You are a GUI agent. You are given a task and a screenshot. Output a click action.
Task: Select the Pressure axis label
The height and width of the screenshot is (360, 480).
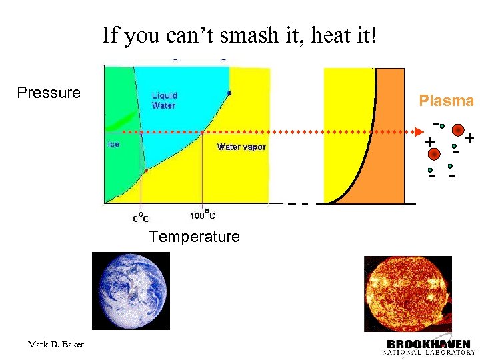coord(49,93)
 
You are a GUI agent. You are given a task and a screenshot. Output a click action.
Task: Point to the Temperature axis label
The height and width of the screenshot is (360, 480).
coord(194,237)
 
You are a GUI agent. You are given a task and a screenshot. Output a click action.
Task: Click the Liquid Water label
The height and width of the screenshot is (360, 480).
coord(164,100)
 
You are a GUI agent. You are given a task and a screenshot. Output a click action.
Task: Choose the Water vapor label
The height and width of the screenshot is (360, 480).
coord(241,147)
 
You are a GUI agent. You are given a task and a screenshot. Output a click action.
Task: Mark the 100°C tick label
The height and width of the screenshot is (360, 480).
coord(203,215)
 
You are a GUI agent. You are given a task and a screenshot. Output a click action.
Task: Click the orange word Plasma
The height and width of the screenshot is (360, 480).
coord(446,101)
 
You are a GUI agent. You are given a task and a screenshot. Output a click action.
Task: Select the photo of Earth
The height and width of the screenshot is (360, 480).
coord(130,291)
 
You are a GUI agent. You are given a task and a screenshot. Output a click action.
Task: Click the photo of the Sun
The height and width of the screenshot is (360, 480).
coord(407,293)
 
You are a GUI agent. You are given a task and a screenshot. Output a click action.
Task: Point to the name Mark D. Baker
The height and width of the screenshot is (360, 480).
coord(56,345)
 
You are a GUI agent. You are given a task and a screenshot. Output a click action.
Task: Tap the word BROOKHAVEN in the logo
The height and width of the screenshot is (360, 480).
coord(429,343)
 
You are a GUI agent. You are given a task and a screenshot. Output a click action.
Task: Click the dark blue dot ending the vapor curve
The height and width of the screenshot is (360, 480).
coord(229,93)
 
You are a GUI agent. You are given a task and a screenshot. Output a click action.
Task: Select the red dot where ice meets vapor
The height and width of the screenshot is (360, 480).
coord(146,170)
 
